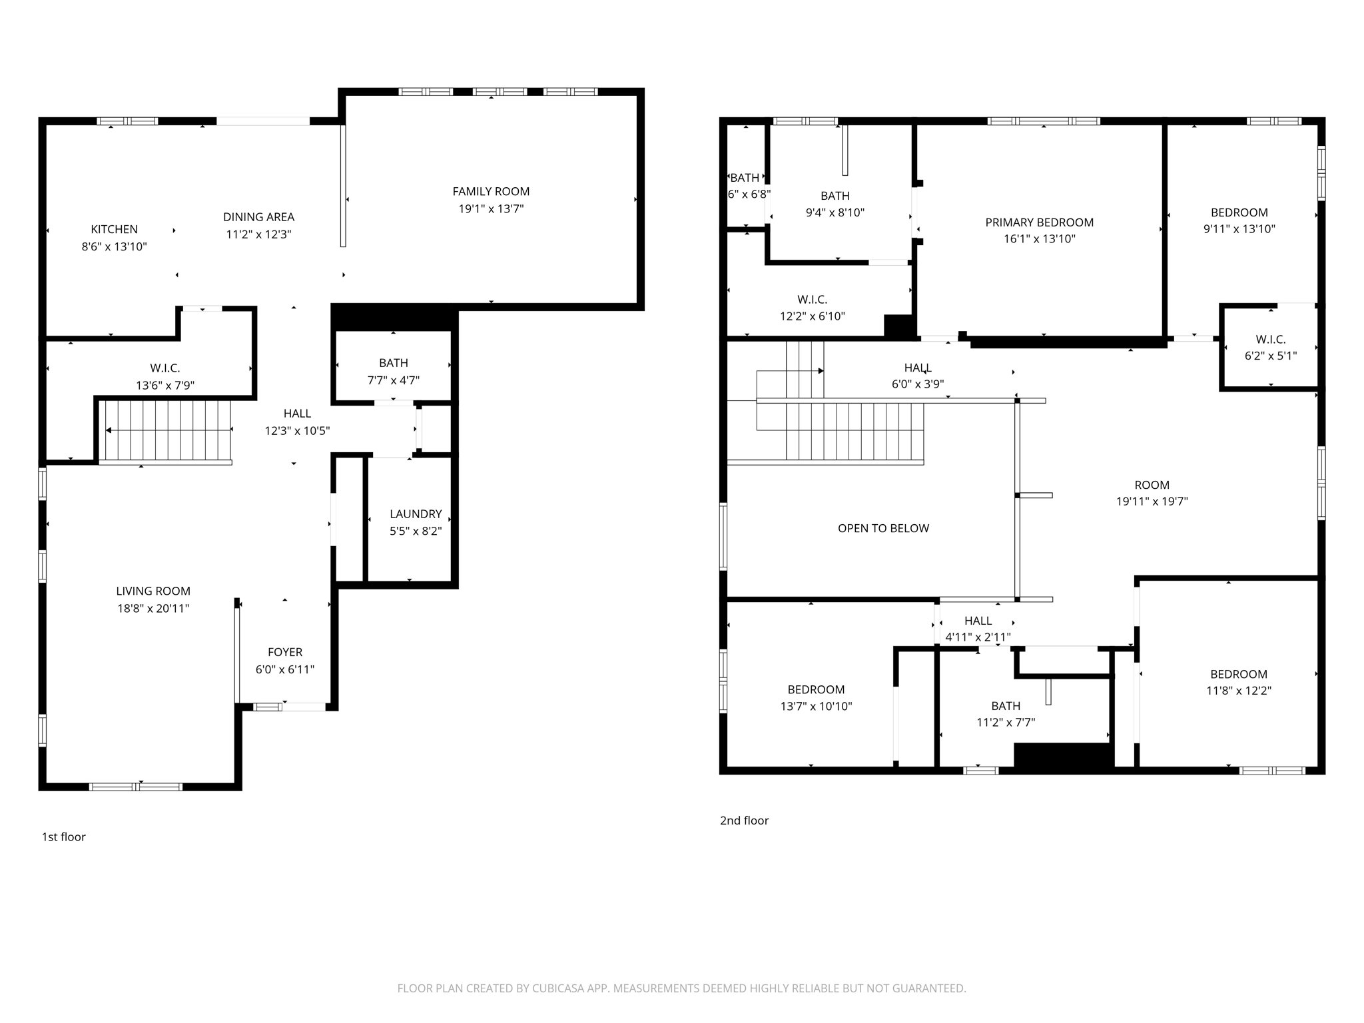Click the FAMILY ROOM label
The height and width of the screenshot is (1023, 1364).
point(491,192)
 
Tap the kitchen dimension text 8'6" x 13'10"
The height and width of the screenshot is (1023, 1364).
point(114,246)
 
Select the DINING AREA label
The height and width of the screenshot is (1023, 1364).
point(258,217)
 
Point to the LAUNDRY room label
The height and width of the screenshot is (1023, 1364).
point(416,514)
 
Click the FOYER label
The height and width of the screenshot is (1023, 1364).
point(285,652)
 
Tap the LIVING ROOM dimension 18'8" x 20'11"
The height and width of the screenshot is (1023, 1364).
point(153,608)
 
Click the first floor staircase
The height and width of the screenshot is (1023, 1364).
point(167,430)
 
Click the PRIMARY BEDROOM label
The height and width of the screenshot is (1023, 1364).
point(1039,222)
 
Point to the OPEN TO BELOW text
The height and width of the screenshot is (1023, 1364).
point(883,528)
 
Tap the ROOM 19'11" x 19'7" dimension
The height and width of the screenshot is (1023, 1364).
point(1152,502)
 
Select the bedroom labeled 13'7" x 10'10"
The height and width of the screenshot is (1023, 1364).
point(816,697)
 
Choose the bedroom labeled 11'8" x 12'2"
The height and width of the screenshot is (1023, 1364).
point(1238,682)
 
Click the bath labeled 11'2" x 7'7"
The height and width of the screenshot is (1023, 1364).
point(1005,713)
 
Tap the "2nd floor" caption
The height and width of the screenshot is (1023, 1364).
point(744,821)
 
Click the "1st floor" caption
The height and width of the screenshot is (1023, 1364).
point(64,837)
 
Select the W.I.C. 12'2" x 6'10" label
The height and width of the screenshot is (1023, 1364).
point(812,308)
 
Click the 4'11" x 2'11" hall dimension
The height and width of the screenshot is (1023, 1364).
point(978,637)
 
